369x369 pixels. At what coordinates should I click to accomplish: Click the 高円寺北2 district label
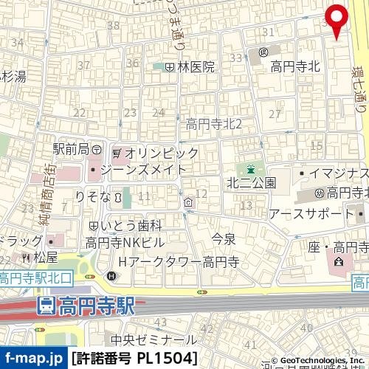point(214,124)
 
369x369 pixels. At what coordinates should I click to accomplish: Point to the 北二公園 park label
point(251,182)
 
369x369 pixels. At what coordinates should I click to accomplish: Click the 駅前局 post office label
point(71,149)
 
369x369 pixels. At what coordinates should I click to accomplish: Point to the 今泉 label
point(223,238)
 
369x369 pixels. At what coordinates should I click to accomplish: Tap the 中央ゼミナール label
point(154,340)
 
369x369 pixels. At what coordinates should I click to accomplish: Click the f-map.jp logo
point(33,359)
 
